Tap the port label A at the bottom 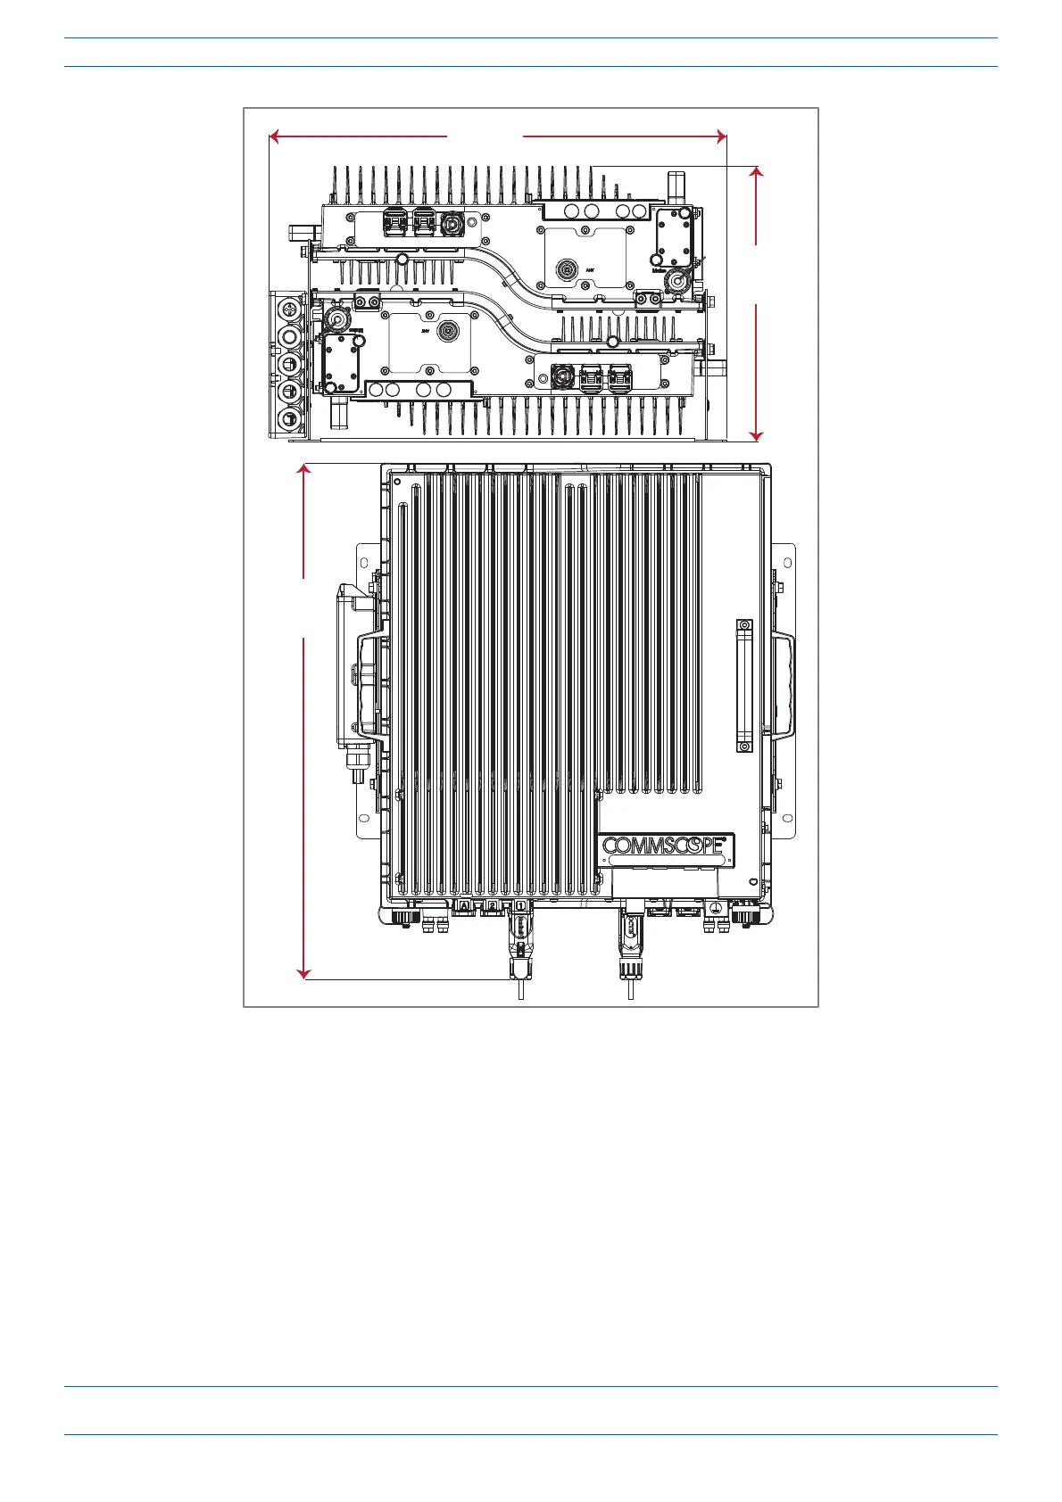pyautogui.click(x=464, y=906)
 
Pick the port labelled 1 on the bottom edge pyautogui.click(x=520, y=906)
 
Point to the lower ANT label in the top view pyautogui.click(x=427, y=329)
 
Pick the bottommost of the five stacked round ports pyautogui.click(x=289, y=419)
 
